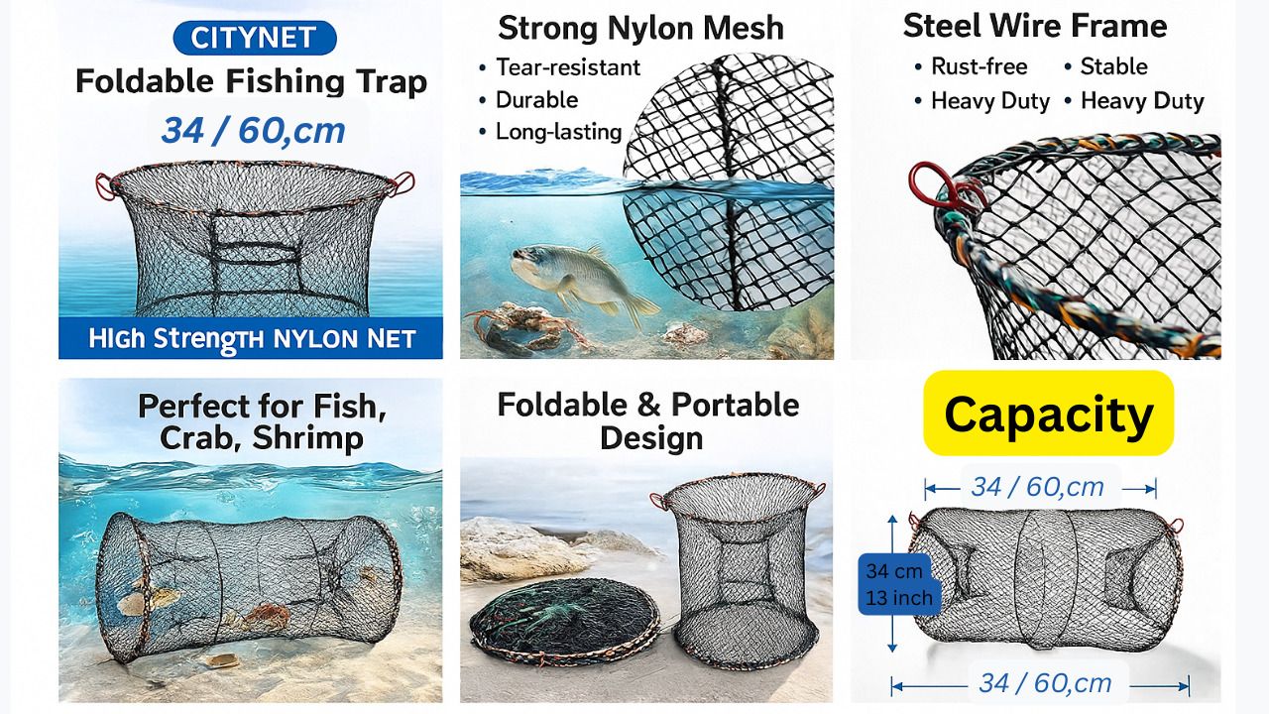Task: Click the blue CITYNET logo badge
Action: tap(255, 38)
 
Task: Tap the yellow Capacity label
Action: tap(1048, 414)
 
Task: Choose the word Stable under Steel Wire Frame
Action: tap(1113, 66)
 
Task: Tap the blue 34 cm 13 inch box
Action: tap(899, 584)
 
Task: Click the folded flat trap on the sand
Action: tap(565, 622)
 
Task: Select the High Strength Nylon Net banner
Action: tap(251, 338)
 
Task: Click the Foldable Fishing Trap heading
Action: tap(251, 81)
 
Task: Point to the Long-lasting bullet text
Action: tap(558, 132)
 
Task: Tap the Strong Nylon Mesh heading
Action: tap(640, 28)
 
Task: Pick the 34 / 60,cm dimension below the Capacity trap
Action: tap(1045, 683)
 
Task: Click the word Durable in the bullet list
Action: tap(536, 100)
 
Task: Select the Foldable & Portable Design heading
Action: tap(648, 421)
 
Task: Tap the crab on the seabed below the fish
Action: tap(524, 326)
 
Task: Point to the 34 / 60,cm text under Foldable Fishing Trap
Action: tap(253, 131)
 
